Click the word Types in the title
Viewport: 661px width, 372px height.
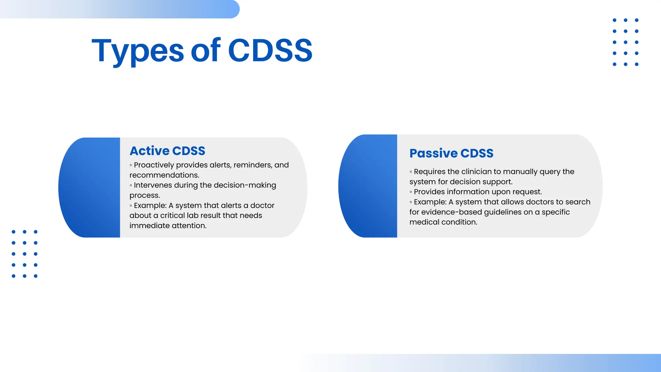click(x=137, y=51)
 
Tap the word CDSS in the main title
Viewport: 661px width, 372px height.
click(x=270, y=51)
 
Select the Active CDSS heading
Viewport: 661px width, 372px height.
click(x=167, y=151)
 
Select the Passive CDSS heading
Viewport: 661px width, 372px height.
click(x=451, y=153)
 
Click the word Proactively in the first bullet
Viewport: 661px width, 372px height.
click(x=154, y=165)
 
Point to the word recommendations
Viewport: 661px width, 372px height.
click(x=164, y=175)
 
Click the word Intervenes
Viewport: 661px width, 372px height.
click(x=153, y=185)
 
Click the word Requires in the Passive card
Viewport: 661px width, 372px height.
click(x=429, y=172)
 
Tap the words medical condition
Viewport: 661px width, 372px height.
click(x=443, y=222)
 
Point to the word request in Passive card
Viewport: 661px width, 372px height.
click(x=527, y=192)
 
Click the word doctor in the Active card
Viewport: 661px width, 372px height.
click(x=262, y=206)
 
